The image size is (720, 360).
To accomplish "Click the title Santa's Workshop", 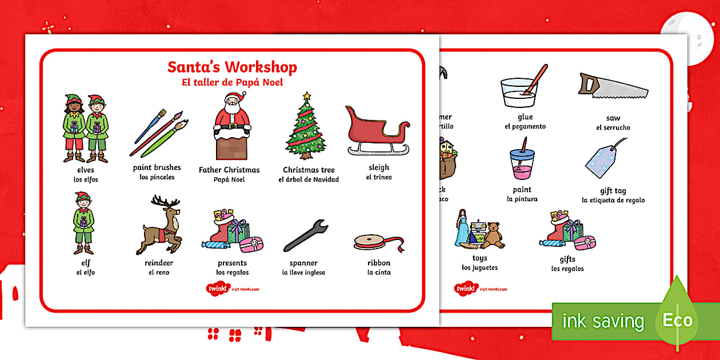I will coord(232,67).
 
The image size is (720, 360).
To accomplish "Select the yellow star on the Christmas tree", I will coord(307,96).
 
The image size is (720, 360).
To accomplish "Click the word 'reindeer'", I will coord(159,263).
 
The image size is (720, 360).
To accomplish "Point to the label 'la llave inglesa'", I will coord(303,273).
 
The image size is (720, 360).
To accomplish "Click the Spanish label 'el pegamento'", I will coord(525,126).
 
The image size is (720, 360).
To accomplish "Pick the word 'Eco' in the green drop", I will coord(678,320).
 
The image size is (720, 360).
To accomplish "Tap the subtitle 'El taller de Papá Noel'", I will coord(232,82).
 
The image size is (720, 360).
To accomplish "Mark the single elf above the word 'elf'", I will coord(83,223).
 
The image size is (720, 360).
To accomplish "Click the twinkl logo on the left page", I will coord(219,288).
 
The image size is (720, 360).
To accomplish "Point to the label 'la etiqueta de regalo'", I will coord(613,200).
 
